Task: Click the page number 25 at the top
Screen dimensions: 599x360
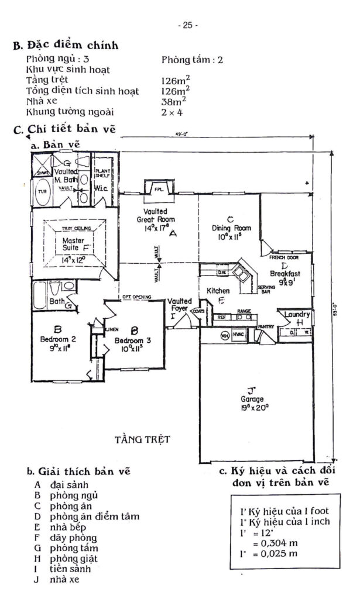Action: [x=188, y=25]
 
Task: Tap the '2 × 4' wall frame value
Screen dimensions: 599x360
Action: [x=172, y=112]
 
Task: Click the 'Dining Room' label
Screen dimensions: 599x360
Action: [x=231, y=228]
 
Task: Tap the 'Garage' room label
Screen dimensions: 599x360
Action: [x=251, y=400]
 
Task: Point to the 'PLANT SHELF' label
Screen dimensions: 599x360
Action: [x=105, y=173]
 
